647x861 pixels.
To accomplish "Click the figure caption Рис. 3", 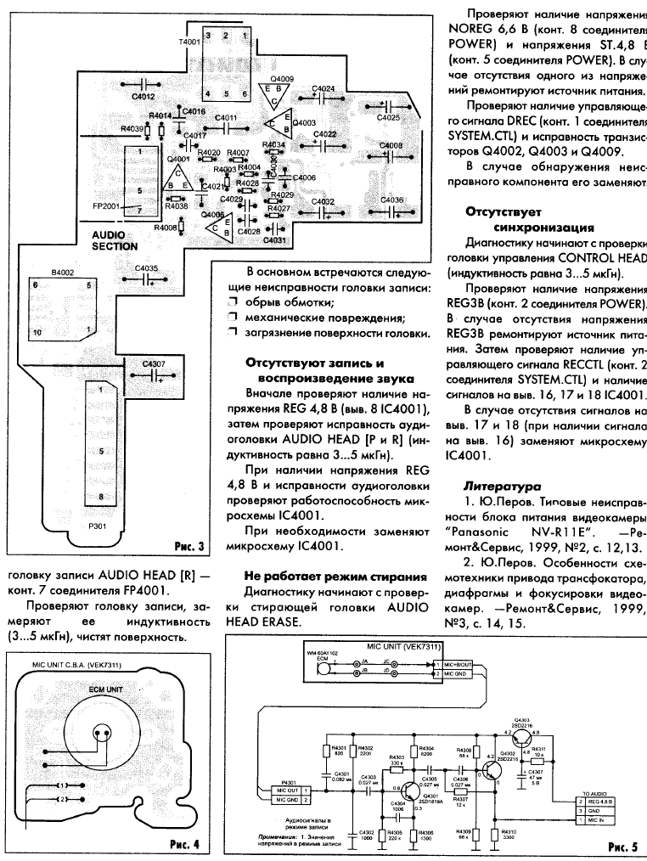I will coord(188,544).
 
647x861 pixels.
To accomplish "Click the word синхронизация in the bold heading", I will coord(540,228).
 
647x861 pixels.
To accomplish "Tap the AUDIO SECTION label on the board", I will coord(115,239).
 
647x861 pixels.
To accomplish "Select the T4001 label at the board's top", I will coord(190,41).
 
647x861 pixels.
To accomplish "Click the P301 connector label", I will coord(97,526).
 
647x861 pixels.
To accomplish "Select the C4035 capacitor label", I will coord(146,267).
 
